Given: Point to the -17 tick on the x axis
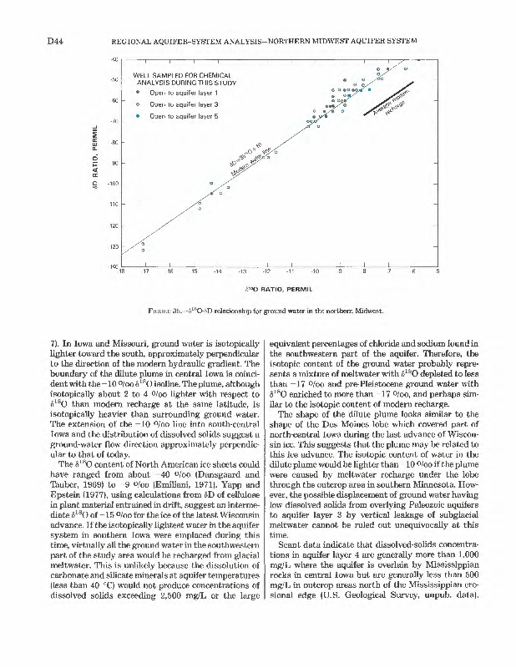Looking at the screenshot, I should click(x=144, y=271).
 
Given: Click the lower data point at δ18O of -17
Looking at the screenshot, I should click(x=144, y=250).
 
